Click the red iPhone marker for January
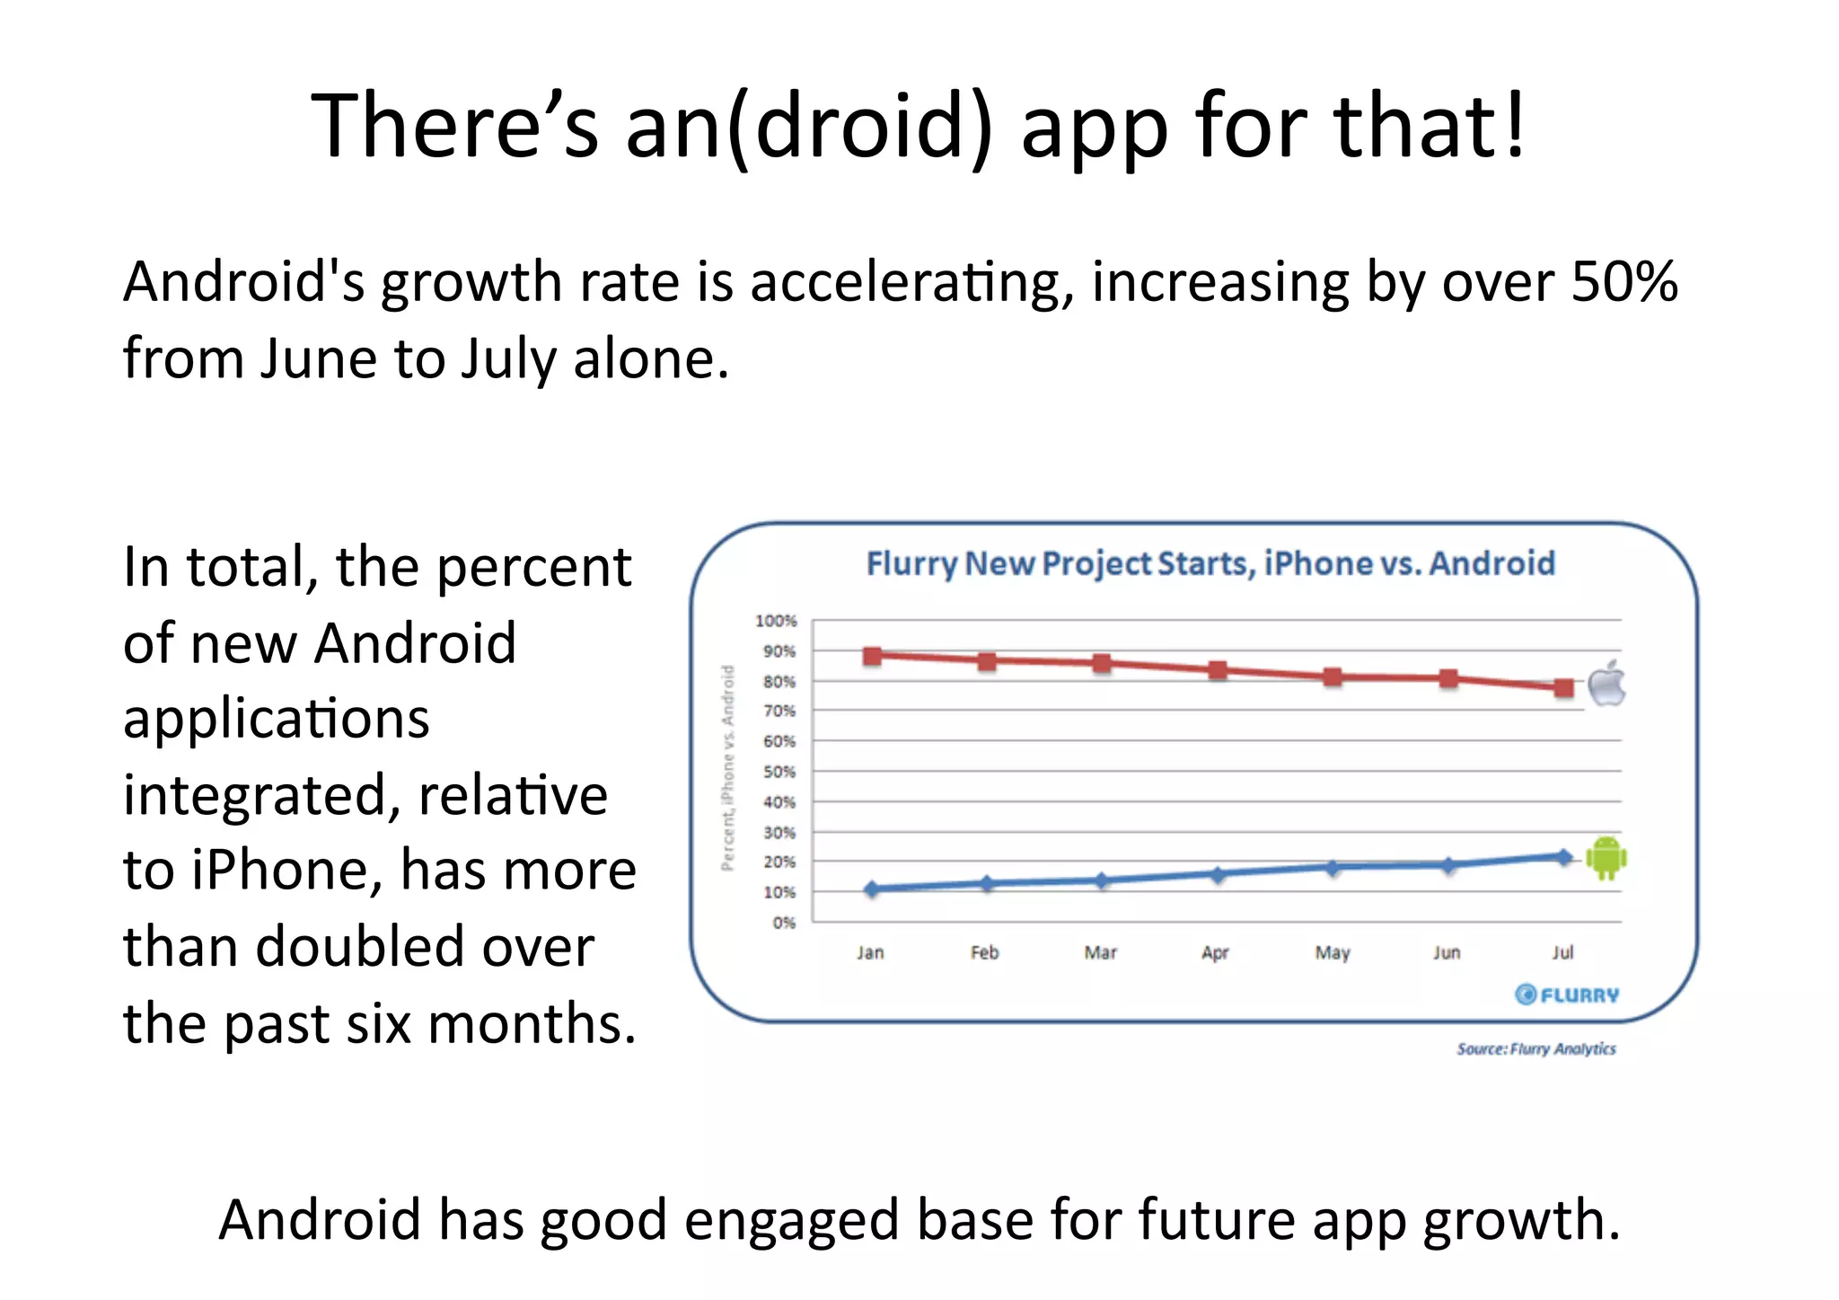click(x=871, y=656)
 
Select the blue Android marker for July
click(x=1563, y=857)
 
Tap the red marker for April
click(x=1218, y=670)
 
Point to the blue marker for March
click(x=1102, y=880)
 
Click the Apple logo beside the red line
click(x=1606, y=685)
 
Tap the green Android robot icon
click(x=1606, y=858)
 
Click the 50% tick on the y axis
click(x=779, y=772)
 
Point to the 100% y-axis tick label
click(x=776, y=621)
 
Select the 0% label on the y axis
click(x=783, y=923)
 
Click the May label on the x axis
click(x=1333, y=953)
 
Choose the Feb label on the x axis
click(x=985, y=952)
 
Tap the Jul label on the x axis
click(x=1562, y=952)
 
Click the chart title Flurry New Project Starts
click(x=1210, y=564)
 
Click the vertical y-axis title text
click(x=728, y=768)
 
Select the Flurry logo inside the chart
click(x=1567, y=995)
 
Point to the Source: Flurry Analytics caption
click(x=1535, y=1048)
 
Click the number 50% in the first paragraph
click(x=1623, y=281)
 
